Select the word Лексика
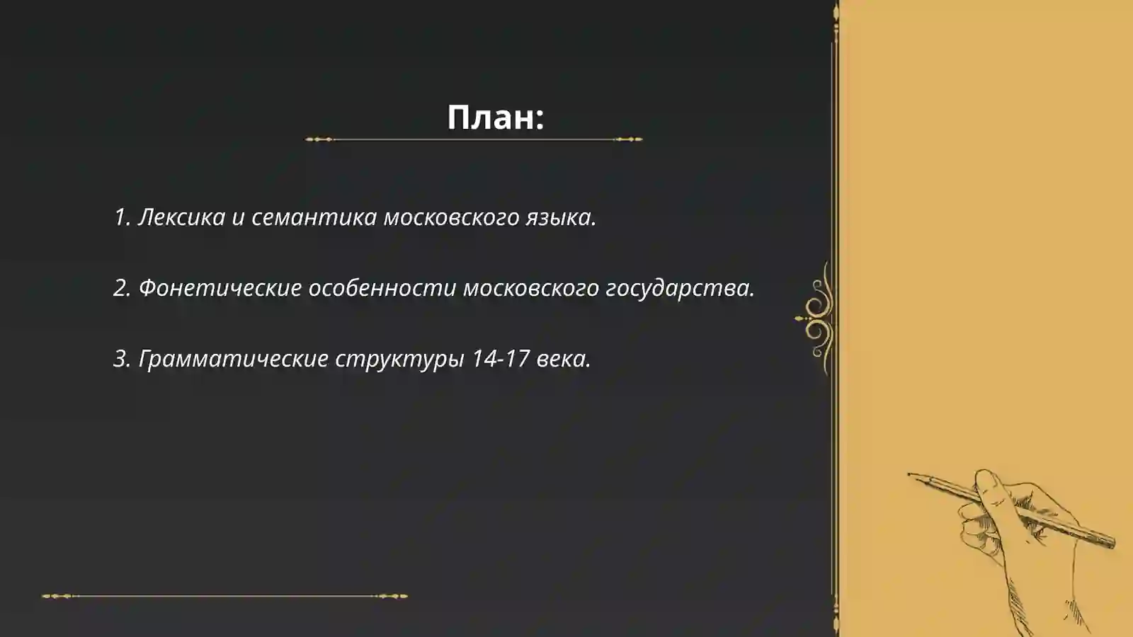pyautogui.click(x=181, y=217)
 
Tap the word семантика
pyautogui.click(x=314, y=217)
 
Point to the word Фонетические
pyautogui.click(x=220, y=288)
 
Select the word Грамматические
pyautogui.click(x=233, y=359)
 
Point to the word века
pyautogui.click(x=563, y=359)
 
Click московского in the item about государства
pyautogui.click(x=531, y=288)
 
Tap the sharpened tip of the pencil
pyautogui.click(x=911, y=475)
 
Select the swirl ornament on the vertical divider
pyautogui.click(x=818, y=318)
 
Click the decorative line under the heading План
pyautogui.click(x=474, y=139)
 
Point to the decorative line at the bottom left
pyautogui.click(x=224, y=596)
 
